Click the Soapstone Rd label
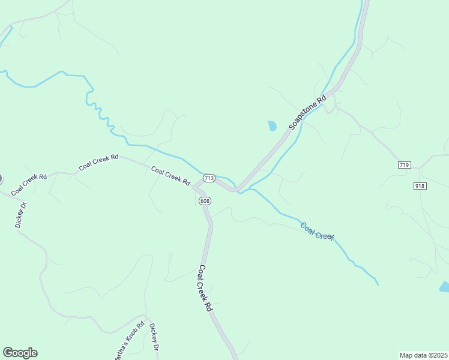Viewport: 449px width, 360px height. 307,112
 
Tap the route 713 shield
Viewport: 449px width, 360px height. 209,178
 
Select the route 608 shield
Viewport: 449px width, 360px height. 205,201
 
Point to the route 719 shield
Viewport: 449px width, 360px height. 404,164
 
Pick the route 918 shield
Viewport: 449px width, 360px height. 420,186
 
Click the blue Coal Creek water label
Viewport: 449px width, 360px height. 317,232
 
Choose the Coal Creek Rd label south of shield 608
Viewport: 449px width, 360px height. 205,288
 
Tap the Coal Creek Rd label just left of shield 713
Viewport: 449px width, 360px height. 170,175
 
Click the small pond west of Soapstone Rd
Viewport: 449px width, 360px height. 273,126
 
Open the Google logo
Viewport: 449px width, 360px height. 20,353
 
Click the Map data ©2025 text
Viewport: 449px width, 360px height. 424,355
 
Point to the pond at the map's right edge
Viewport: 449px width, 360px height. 444,287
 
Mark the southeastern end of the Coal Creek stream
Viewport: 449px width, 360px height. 378,283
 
